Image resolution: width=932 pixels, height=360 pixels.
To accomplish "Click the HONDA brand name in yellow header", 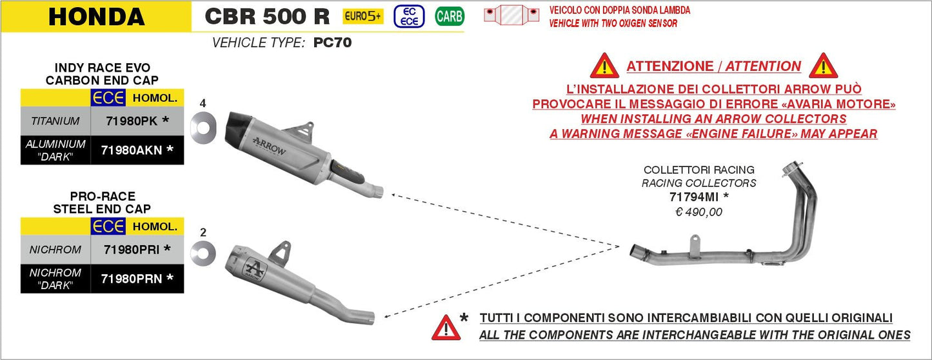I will point(96,16).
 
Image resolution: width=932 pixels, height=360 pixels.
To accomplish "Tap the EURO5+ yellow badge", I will point(362,16).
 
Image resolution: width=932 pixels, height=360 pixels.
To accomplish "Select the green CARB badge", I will point(449,16).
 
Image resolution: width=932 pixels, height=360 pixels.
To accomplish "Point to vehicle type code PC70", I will point(332,44).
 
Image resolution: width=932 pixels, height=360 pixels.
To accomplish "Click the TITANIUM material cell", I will point(55,121).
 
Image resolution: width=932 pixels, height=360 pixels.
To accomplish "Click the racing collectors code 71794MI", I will point(699,197).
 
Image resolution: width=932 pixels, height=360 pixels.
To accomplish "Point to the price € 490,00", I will point(699,212).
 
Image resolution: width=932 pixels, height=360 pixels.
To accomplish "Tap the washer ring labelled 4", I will point(203,125).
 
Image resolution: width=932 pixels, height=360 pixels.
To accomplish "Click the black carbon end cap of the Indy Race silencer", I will point(239,128).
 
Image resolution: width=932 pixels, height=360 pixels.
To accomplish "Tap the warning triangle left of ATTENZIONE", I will point(604,66).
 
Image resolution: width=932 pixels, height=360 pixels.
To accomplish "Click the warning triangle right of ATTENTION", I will point(823,66).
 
